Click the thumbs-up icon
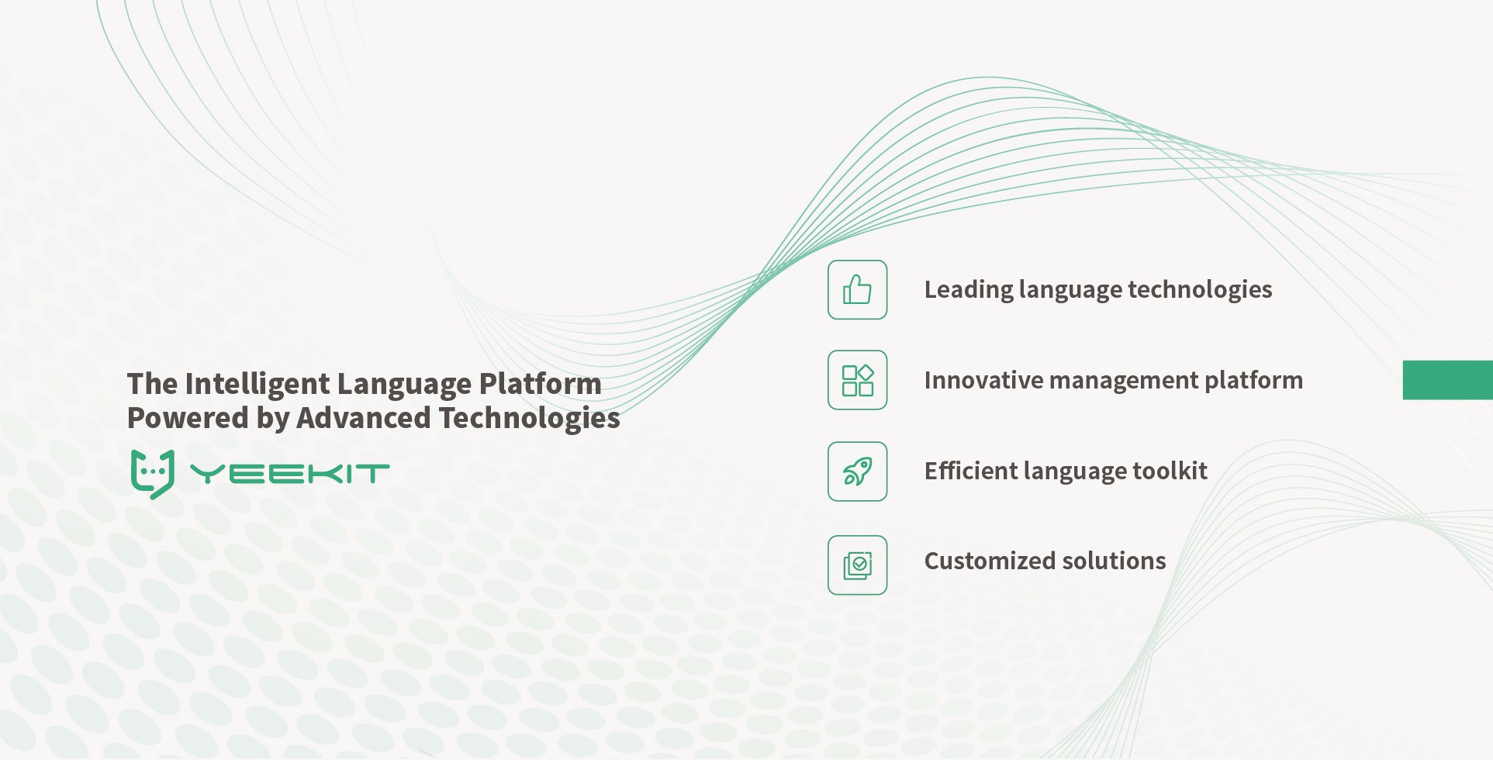click(857, 289)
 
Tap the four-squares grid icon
click(857, 380)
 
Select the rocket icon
click(857, 472)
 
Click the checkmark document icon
click(857, 565)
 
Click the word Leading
click(968, 290)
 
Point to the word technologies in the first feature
click(1200, 289)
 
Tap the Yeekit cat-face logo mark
click(153, 474)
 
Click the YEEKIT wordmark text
click(289, 474)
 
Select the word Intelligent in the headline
click(257, 384)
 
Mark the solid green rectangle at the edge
click(1447, 380)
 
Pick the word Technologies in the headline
click(529, 419)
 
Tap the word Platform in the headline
click(540, 384)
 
